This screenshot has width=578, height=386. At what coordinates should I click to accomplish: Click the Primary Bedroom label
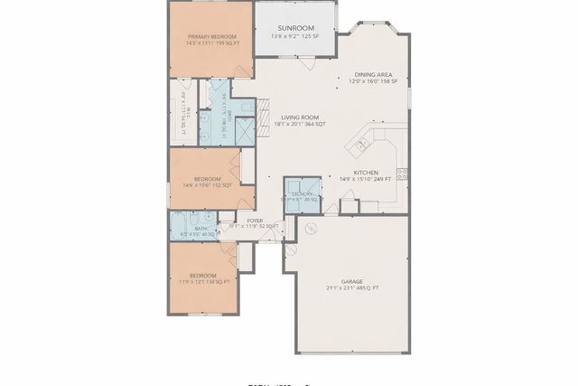212,37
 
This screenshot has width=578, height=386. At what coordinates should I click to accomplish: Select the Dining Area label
372,76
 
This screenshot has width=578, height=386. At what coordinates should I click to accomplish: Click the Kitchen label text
366,173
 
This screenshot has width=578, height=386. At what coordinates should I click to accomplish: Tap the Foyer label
256,221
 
